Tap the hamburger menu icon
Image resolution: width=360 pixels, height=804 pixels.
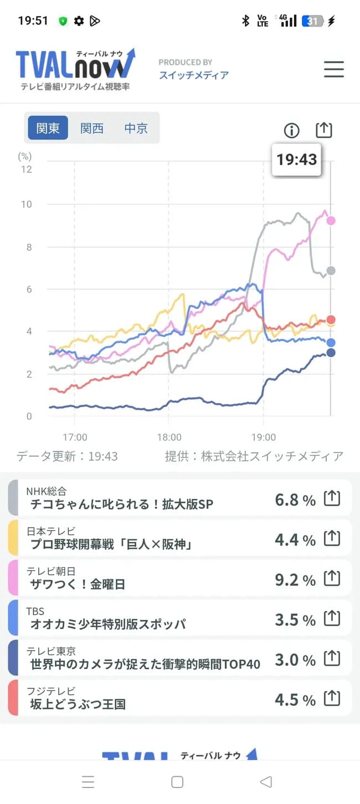[x=333, y=69]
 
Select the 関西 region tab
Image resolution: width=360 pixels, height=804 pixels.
[x=92, y=128]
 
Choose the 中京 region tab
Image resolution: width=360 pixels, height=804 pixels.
[x=136, y=128]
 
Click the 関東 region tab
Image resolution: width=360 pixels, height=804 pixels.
[x=48, y=128]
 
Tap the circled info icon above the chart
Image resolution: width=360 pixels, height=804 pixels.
[x=291, y=131]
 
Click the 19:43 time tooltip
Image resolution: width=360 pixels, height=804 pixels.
[x=296, y=159]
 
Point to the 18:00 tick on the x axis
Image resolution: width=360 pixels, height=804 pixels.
[x=169, y=436]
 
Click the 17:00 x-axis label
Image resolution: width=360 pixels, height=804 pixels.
[x=75, y=436]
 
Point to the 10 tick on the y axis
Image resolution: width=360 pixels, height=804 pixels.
[x=26, y=204]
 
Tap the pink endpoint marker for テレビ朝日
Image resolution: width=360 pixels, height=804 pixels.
[x=331, y=220]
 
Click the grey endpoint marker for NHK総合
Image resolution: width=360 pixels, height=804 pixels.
[x=331, y=270]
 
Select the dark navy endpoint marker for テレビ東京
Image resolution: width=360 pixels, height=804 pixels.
[x=331, y=353]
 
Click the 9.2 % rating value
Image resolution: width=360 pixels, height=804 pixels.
[x=295, y=580]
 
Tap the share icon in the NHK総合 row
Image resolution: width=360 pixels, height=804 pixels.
[x=331, y=499]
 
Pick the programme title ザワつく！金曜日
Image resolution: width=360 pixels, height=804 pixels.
[x=78, y=584]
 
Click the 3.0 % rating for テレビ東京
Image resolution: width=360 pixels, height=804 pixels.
[x=295, y=659]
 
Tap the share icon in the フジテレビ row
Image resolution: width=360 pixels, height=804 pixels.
[x=331, y=698]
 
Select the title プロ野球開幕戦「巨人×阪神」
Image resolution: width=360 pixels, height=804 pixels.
[x=111, y=544]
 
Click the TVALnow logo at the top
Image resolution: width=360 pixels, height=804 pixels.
[x=75, y=69]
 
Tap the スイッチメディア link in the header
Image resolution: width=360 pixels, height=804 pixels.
[x=193, y=75]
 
